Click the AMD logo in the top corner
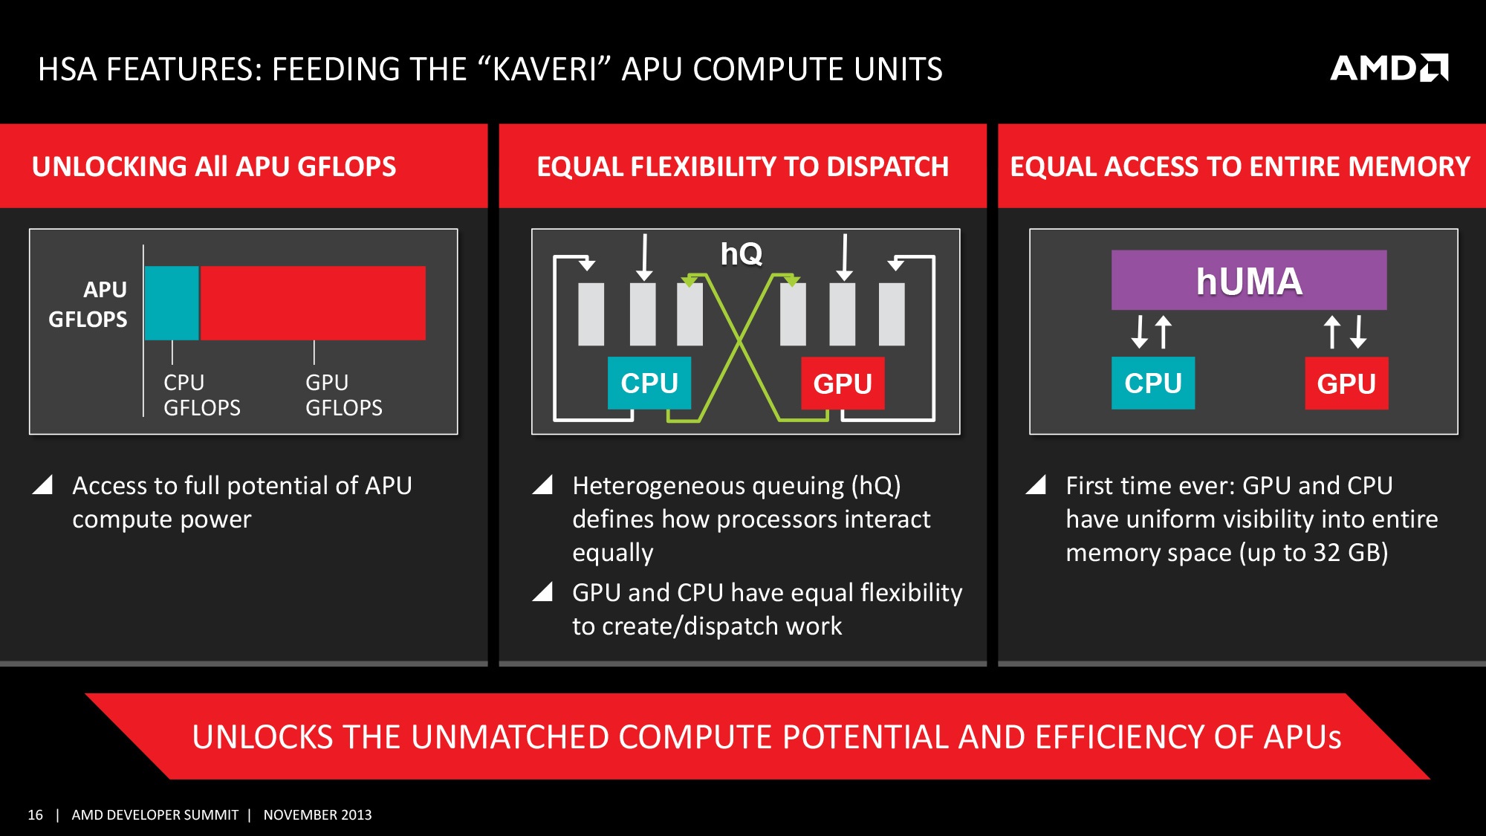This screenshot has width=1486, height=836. [x=1389, y=68]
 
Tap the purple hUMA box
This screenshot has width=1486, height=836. [x=1248, y=280]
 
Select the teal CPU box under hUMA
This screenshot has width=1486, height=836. [x=1152, y=383]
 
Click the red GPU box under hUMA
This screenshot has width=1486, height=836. [x=1346, y=383]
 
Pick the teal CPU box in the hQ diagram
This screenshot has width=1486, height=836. [x=649, y=383]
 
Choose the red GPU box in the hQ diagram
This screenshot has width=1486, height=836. [x=843, y=383]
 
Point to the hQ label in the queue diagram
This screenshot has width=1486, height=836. [x=741, y=254]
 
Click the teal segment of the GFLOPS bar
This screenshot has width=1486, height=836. [x=172, y=303]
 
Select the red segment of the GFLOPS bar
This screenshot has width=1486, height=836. [x=313, y=303]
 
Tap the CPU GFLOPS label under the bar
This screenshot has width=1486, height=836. [x=201, y=395]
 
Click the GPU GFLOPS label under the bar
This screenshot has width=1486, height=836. [x=343, y=395]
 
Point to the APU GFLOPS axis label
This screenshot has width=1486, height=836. [x=88, y=304]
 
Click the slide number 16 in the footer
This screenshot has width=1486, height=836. [x=35, y=815]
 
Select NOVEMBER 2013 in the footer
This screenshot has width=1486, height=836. [x=317, y=815]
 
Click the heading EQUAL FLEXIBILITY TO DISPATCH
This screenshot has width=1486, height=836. [x=742, y=166]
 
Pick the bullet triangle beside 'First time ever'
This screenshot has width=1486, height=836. [x=1036, y=485]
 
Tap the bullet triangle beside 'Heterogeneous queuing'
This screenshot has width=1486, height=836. [x=543, y=485]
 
